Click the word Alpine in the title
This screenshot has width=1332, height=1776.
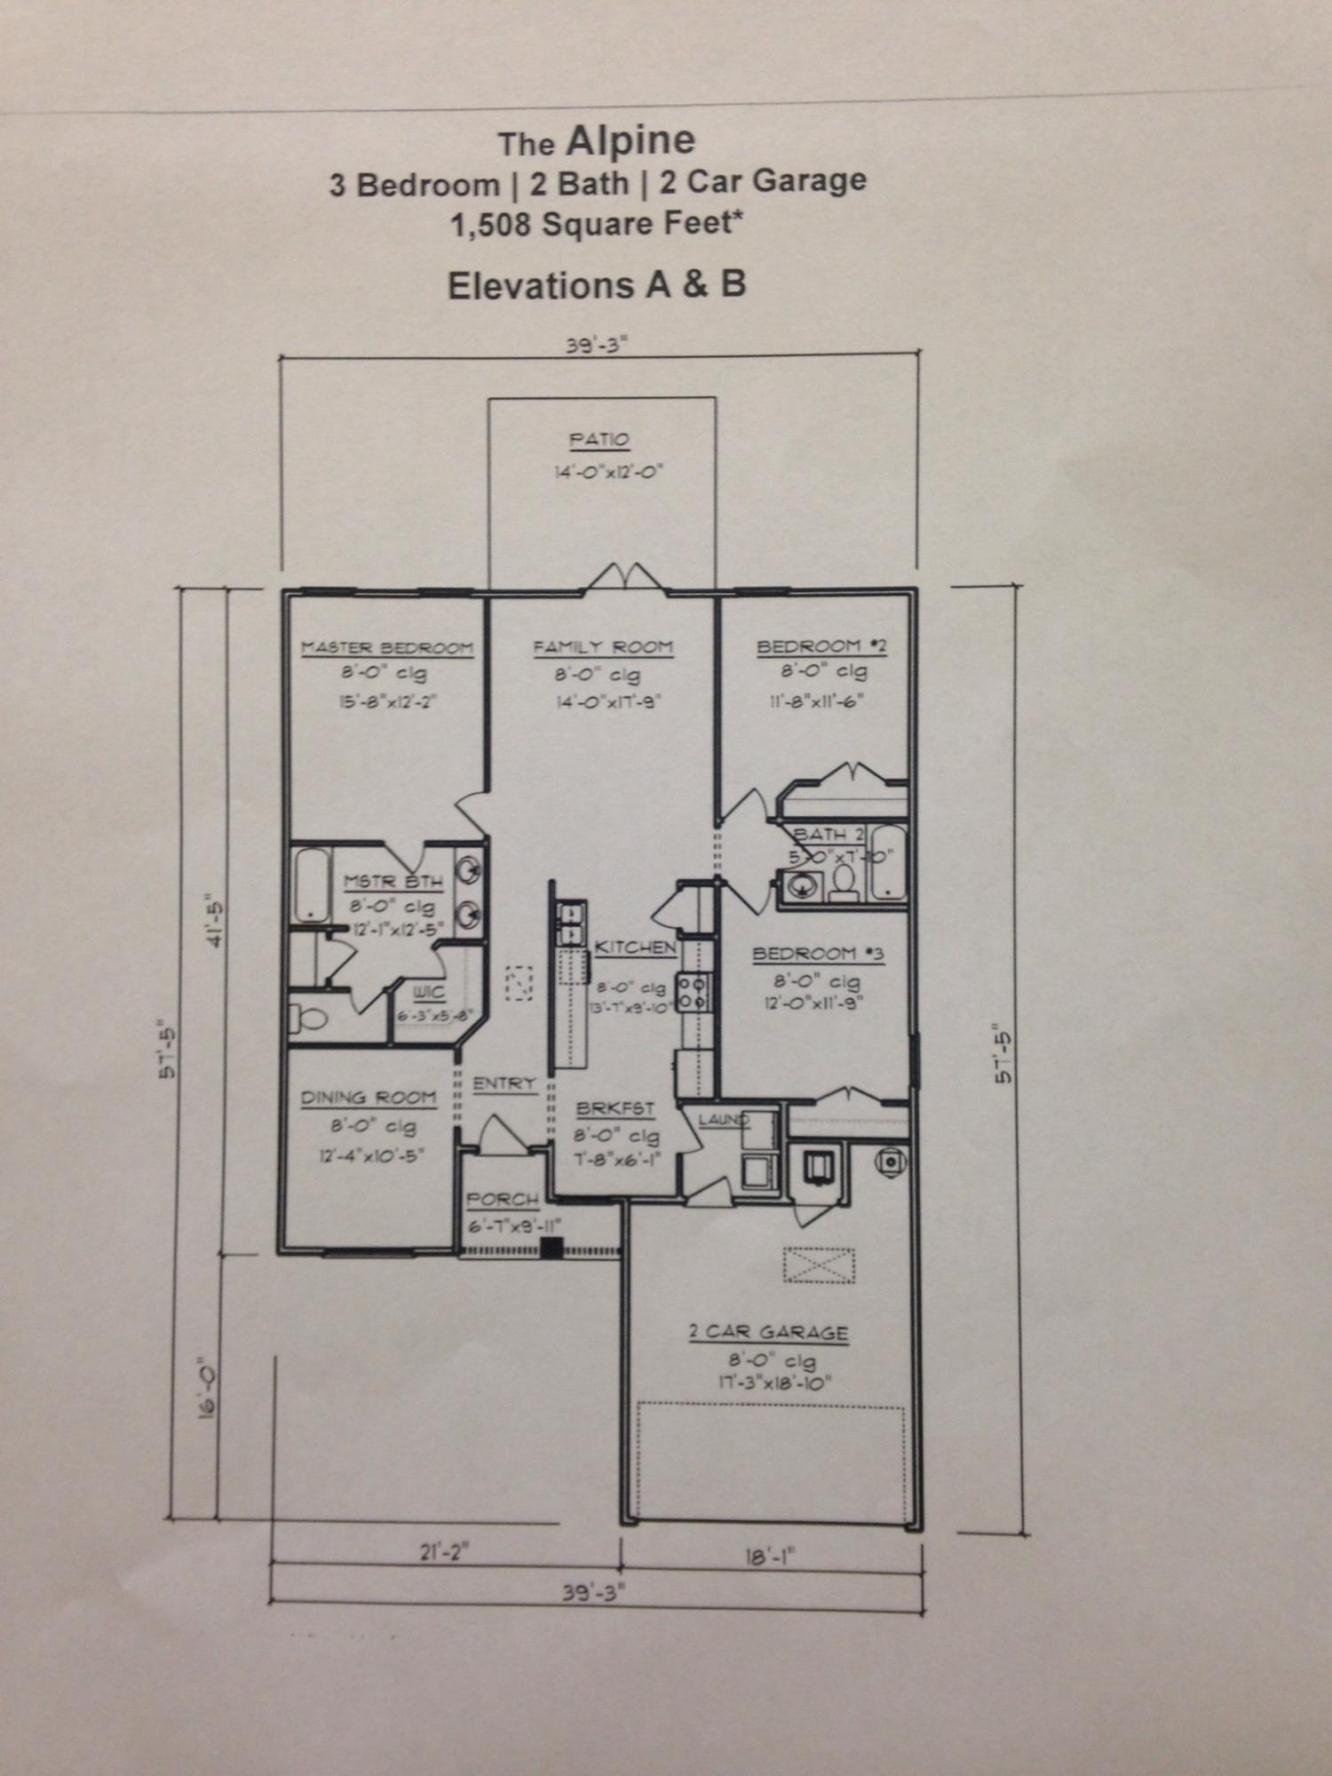click(630, 140)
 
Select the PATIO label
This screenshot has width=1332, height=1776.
click(599, 440)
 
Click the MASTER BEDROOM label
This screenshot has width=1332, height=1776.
click(387, 648)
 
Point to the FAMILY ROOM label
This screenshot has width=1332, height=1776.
click(603, 648)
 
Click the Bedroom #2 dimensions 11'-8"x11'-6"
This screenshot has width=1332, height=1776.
click(817, 701)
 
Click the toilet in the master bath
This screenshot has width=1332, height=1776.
click(307, 1017)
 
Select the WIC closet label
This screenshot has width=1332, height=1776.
click(429, 993)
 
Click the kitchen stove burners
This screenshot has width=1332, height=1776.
click(692, 992)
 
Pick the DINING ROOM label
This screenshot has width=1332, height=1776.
click(369, 1098)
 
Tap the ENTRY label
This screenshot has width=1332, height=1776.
click(503, 1084)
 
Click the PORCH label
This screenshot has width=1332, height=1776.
click(503, 1200)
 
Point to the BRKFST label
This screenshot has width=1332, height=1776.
click(615, 1109)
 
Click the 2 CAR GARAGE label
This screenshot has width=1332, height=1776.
click(769, 1333)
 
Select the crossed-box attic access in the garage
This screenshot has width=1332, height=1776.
click(819, 1265)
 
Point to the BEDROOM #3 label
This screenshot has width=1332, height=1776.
click(818, 955)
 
